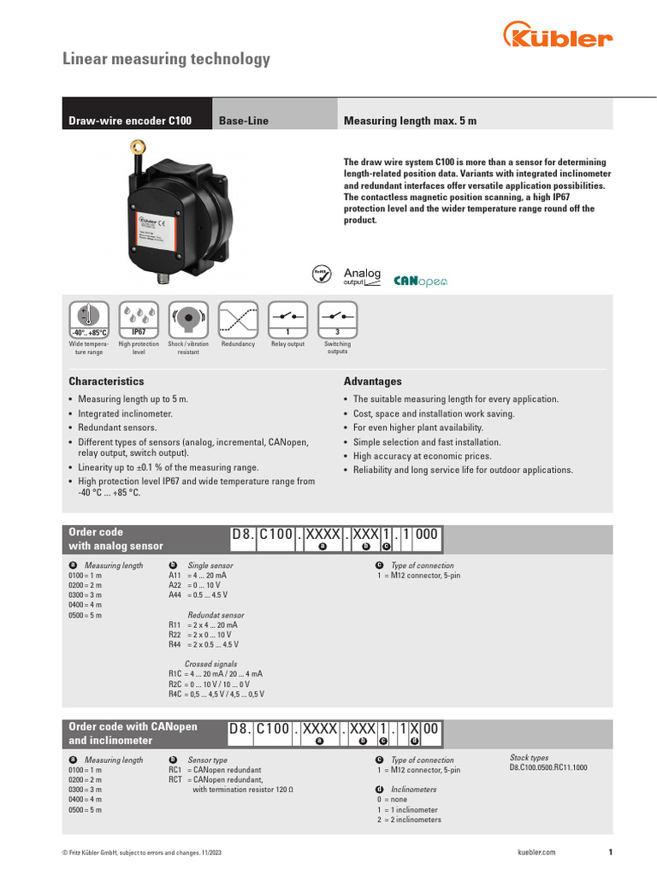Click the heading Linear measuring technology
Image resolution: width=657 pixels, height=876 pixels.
click(x=167, y=59)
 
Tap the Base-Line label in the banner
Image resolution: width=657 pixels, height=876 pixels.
click(x=244, y=121)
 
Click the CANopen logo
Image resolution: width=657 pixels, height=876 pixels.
click(x=420, y=281)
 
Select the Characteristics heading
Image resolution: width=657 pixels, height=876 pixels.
click(x=106, y=382)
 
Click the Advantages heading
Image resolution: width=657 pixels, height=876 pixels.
click(x=372, y=382)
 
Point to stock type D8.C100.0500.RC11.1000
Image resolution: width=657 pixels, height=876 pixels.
click(x=548, y=768)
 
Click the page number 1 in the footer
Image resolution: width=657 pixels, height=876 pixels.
click(x=610, y=852)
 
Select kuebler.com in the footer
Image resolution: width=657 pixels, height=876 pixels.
click(x=537, y=852)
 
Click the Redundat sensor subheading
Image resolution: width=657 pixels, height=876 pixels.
click(x=216, y=615)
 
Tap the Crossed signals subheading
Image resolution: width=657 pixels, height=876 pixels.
click(x=211, y=664)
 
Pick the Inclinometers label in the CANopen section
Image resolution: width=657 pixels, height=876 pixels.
click(x=413, y=790)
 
